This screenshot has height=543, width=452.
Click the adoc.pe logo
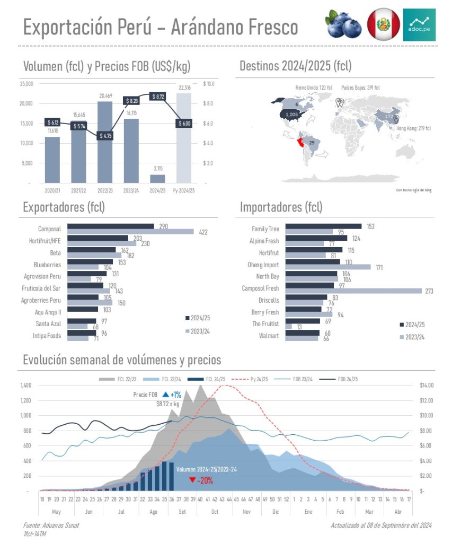[x=419, y=24]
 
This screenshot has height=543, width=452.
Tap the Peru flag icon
[x=384, y=24]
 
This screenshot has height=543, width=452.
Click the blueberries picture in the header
[x=343, y=24]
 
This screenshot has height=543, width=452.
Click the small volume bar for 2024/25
[x=157, y=178]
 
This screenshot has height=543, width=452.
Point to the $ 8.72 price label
[x=157, y=97]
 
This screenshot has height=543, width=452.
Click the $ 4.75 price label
[x=105, y=135]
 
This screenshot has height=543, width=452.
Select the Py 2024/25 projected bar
[x=184, y=138]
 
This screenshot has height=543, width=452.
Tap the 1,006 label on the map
[x=291, y=114]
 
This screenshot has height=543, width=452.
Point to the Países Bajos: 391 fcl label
[x=360, y=87]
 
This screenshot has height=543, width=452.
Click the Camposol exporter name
[x=49, y=229]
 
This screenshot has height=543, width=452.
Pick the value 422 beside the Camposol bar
[x=203, y=232]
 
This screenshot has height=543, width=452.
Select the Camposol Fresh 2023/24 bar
[x=353, y=291]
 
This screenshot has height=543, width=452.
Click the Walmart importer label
[x=269, y=336]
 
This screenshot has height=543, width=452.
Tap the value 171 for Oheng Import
[x=379, y=267]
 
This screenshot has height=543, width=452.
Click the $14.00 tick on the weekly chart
[x=427, y=386]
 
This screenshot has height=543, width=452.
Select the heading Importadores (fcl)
[x=281, y=207]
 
